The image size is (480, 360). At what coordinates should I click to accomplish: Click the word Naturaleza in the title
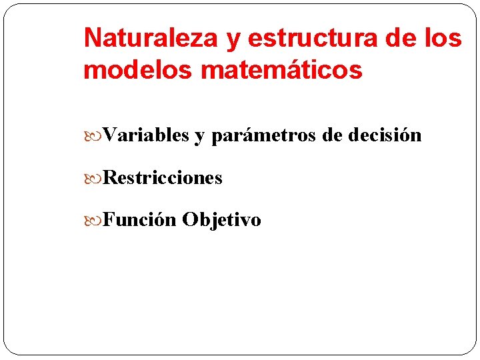[x=151, y=39]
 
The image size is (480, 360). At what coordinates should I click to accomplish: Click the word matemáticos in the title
[x=281, y=69]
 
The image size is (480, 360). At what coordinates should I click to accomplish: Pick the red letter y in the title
[x=233, y=40]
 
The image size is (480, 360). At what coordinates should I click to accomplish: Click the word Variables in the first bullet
[x=147, y=135]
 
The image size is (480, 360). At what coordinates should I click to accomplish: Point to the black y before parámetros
[x=199, y=137]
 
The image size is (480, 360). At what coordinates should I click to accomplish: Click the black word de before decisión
[x=331, y=135]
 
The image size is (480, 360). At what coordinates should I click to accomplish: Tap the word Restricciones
[x=163, y=178]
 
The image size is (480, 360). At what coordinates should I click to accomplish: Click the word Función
[x=140, y=220]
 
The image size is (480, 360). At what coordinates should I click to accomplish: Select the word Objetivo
[x=221, y=220]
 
